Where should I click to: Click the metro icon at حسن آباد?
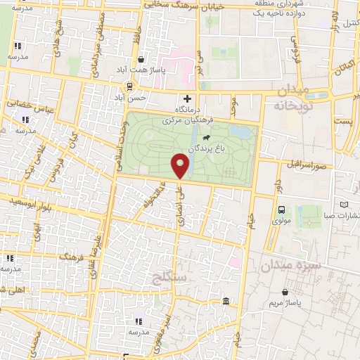129,86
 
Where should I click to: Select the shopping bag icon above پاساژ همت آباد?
143,60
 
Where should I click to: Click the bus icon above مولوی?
282,209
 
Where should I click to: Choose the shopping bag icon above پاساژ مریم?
285,291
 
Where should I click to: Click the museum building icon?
225,302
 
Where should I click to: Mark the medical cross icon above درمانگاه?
188,98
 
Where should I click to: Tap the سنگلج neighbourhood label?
184,278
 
